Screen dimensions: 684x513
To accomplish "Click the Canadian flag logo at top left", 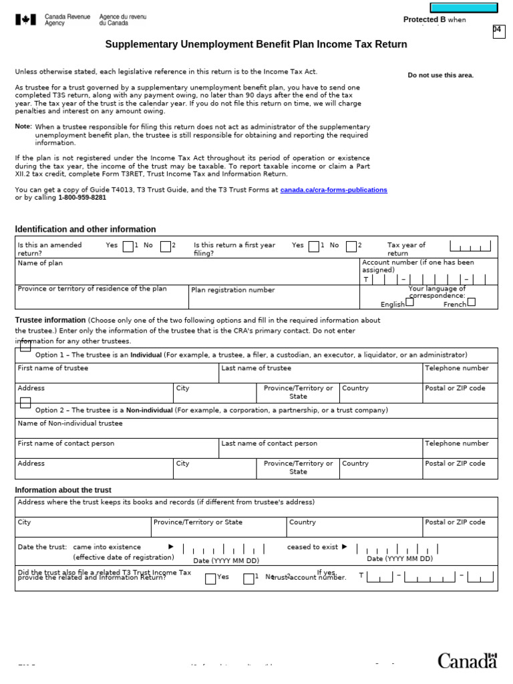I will (x=25, y=20).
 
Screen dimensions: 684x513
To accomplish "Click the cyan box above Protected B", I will (x=464, y=8).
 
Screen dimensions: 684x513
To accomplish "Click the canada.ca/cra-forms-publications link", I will (x=333, y=190).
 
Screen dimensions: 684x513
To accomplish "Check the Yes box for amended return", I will (x=128, y=246).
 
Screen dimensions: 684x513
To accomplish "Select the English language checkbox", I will (x=409, y=302).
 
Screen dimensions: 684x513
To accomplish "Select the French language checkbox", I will (x=471, y=302).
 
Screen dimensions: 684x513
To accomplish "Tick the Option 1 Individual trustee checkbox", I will (x=25, y=346).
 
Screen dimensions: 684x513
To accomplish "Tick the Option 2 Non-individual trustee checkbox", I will (x=25, y=402).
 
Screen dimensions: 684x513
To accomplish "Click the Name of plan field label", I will (x=40, y=263).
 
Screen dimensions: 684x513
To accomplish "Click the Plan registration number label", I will (x=232, y=290).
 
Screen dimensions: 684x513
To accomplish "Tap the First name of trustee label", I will (x=53, y=368).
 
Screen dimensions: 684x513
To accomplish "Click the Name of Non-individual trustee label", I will (x=70, y=423).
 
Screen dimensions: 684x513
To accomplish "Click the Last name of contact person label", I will (x=269, y=443).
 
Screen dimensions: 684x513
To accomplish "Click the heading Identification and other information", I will (x=85, y=229).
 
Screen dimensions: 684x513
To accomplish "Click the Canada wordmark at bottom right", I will (x=467, y=661).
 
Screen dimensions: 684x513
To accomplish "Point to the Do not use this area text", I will (x=440, y=75).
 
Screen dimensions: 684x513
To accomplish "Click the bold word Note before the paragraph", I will (x=23, y=126).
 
